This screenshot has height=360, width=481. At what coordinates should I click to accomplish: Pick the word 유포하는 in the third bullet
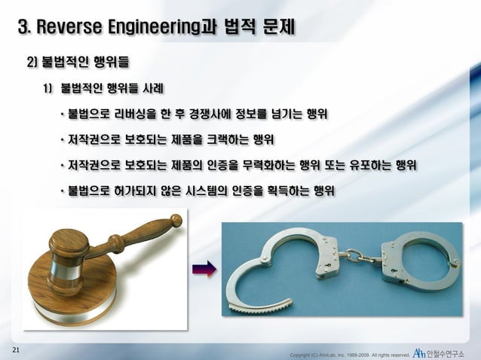[391, 165]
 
